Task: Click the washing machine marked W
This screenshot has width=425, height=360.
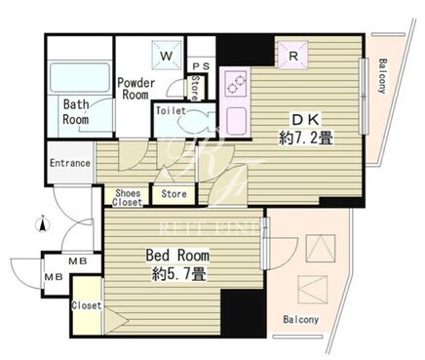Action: point(167,56)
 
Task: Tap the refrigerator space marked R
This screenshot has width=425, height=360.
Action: point(292,56)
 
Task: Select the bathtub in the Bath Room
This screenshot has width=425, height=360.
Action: point(80,77)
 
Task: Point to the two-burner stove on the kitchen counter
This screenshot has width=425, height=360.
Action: point(236,83)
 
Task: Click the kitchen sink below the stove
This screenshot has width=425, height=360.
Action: point(236,120)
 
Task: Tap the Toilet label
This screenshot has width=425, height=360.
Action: point(171,111)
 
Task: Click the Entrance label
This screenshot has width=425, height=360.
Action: point(70,163)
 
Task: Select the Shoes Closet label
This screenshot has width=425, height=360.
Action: point(128,198)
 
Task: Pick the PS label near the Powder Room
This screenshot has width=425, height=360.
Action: point(202,66)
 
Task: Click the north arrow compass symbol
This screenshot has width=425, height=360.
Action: point(42,224)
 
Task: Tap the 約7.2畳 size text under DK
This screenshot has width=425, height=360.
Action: point(305,139)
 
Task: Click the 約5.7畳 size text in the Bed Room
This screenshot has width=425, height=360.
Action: point(178,275)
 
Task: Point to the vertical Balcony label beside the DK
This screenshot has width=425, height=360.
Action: point(383,76)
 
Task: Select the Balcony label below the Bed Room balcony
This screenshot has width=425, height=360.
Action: point(301,319)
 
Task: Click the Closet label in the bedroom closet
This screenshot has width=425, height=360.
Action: point(87,305)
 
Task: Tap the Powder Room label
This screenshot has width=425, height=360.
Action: point(135,89)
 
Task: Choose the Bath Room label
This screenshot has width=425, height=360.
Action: point(76,111)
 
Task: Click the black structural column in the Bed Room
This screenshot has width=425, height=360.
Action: point(243,313)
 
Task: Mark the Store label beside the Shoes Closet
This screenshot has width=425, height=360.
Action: point(174,194)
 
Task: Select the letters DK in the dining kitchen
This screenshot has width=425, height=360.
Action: point(305,120)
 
